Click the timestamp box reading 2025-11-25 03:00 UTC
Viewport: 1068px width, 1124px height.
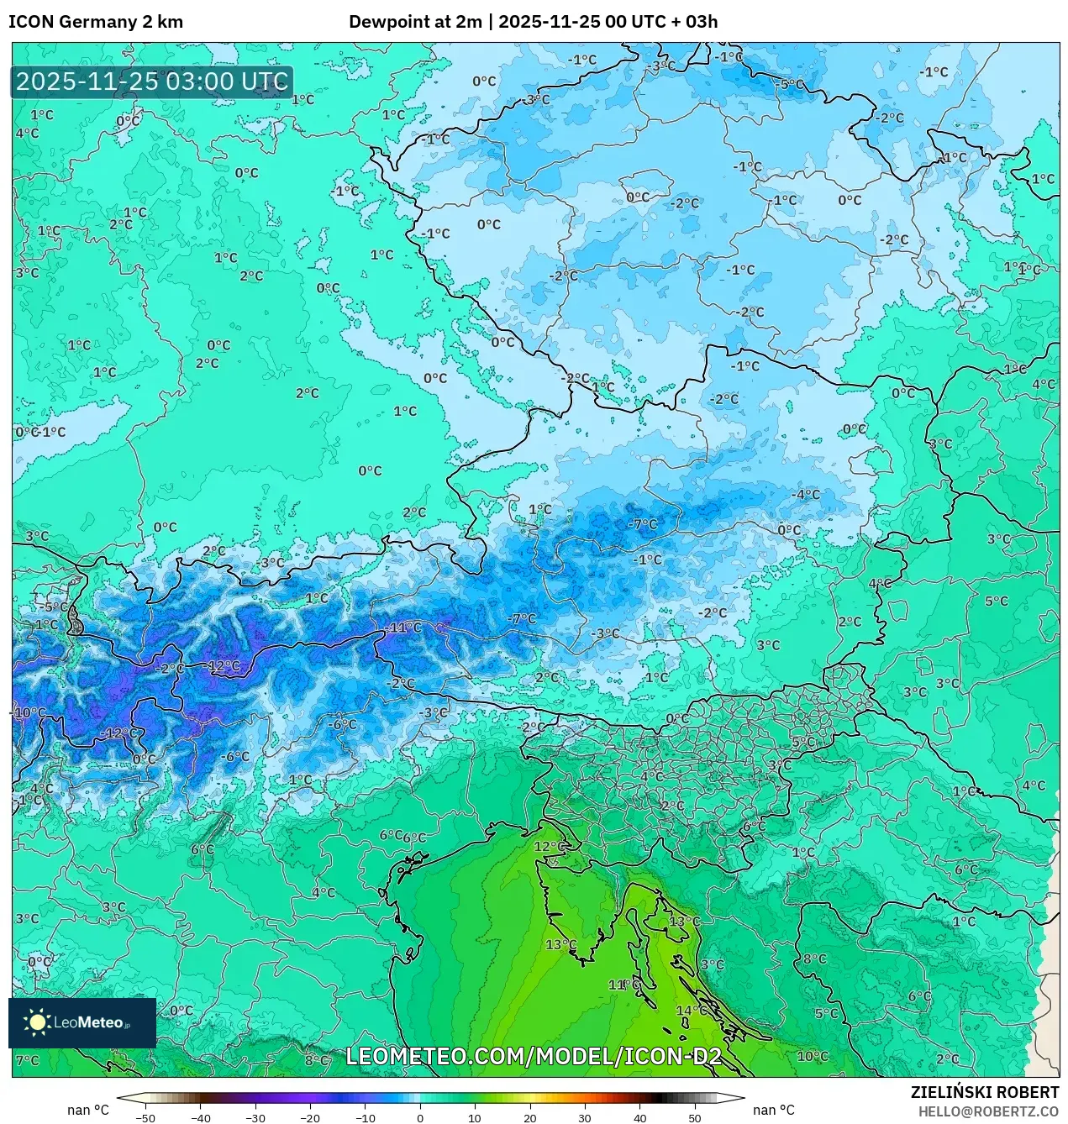pos(152,82)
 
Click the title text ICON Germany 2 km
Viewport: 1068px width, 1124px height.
pos(96,22)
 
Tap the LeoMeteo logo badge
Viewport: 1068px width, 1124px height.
pos(82,1022)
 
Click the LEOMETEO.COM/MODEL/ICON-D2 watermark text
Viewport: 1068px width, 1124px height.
pos(534,1056)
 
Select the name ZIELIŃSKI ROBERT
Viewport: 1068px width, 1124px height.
pos(985,1092)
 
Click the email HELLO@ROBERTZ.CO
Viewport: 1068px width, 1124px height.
pos(988,1111)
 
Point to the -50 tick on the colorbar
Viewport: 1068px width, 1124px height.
pos(145,1117)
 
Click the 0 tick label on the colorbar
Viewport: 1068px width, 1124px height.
pos(420,1117)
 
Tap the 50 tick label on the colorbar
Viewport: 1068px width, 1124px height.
pos(695,1117)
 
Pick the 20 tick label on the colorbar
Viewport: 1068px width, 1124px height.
pos(530,1117)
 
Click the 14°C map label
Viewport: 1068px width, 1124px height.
pos(692,1011)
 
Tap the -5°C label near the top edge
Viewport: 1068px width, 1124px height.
pos(790,85)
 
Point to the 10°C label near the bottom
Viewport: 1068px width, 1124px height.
pos(813,1056)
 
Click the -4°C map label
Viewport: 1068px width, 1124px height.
pos(806,494)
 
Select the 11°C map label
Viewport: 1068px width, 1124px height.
pos(623,985)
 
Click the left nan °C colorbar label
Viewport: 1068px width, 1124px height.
pos(88,1111)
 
